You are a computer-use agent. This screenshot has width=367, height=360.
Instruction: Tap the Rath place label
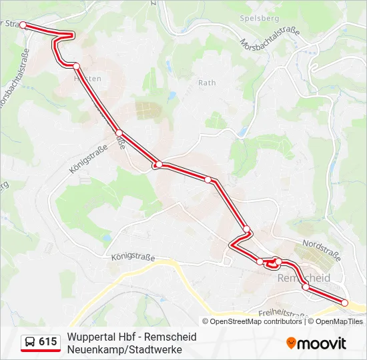(x=207, y=83)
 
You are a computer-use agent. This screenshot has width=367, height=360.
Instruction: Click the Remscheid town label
(x=303, y=277)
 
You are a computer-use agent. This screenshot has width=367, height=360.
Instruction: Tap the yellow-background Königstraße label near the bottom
(x=133, y=256)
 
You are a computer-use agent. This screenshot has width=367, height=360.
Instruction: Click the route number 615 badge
(x=47, y=342)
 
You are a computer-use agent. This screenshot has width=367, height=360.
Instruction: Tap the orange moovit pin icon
(x=291, y=343)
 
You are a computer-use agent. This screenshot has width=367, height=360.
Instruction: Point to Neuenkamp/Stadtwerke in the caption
(x=124, y=349)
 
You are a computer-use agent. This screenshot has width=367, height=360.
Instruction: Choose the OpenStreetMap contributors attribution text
(x=256, y=321)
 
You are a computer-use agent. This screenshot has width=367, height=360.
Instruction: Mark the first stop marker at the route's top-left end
(x=23, y=25)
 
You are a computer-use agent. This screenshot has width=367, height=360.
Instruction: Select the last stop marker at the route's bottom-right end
(x=345, y=303)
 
